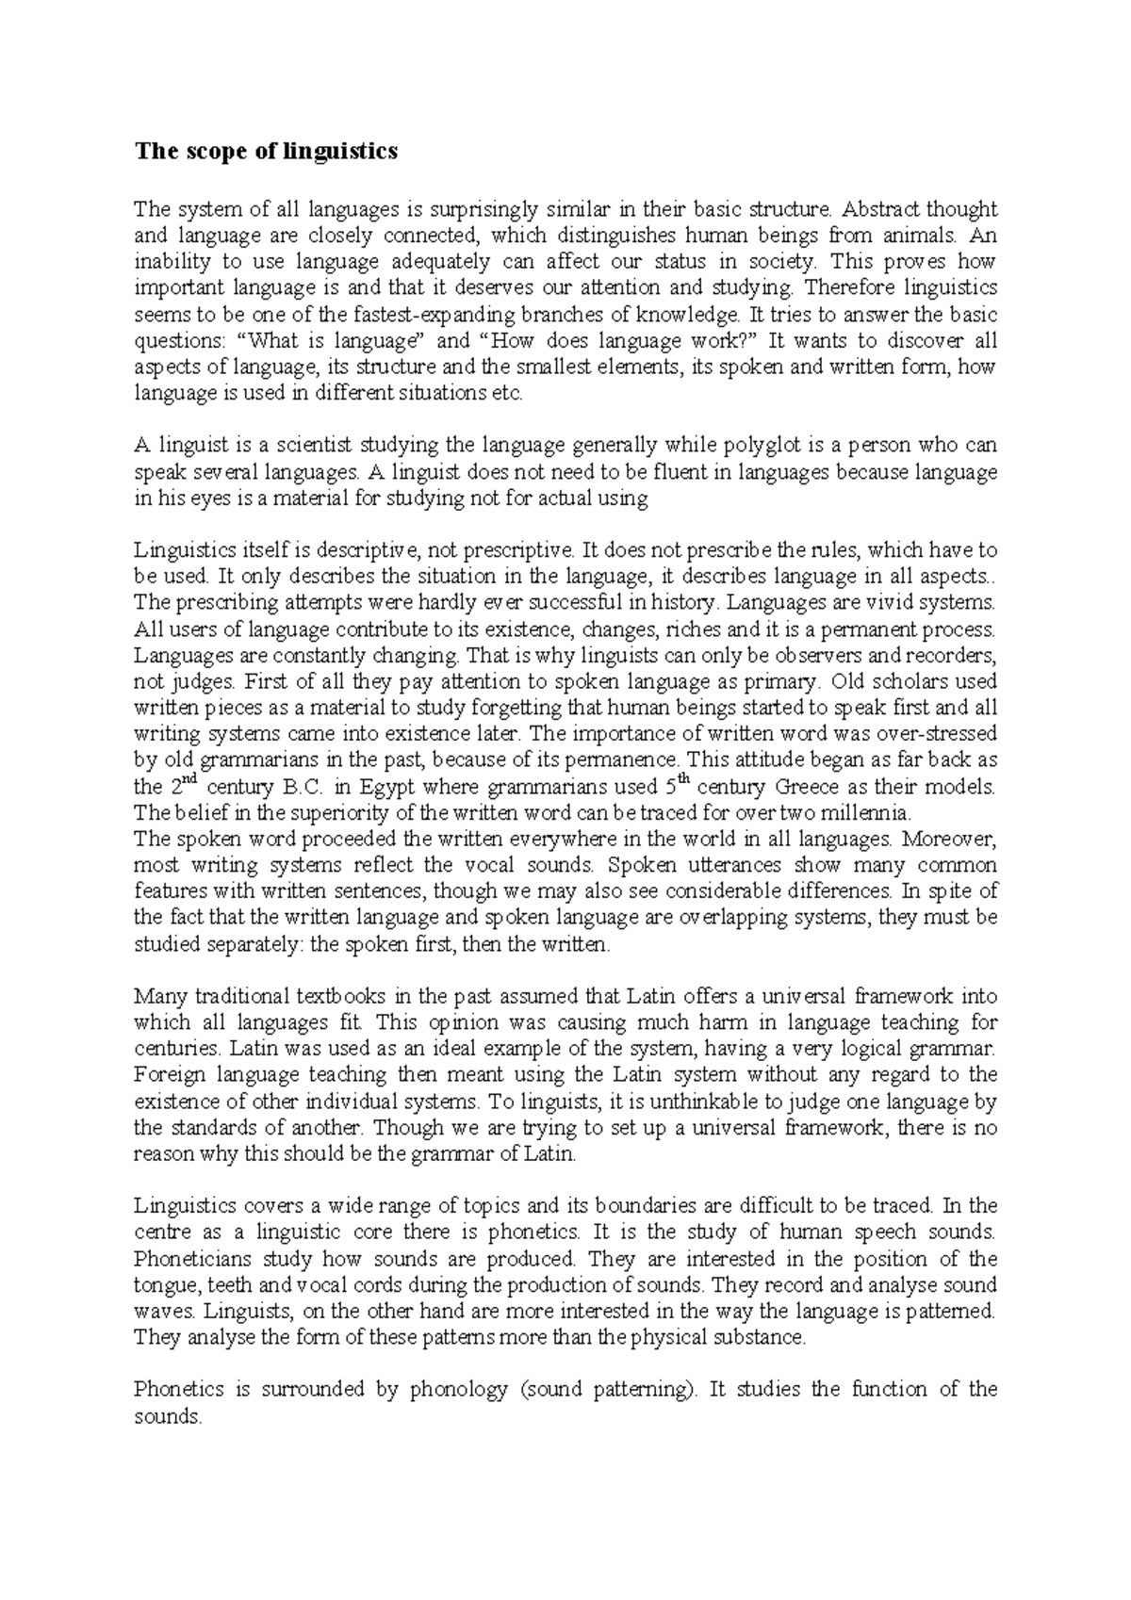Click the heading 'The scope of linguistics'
[266, 152]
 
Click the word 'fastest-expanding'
[444, 314]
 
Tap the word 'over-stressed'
[937, 733]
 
